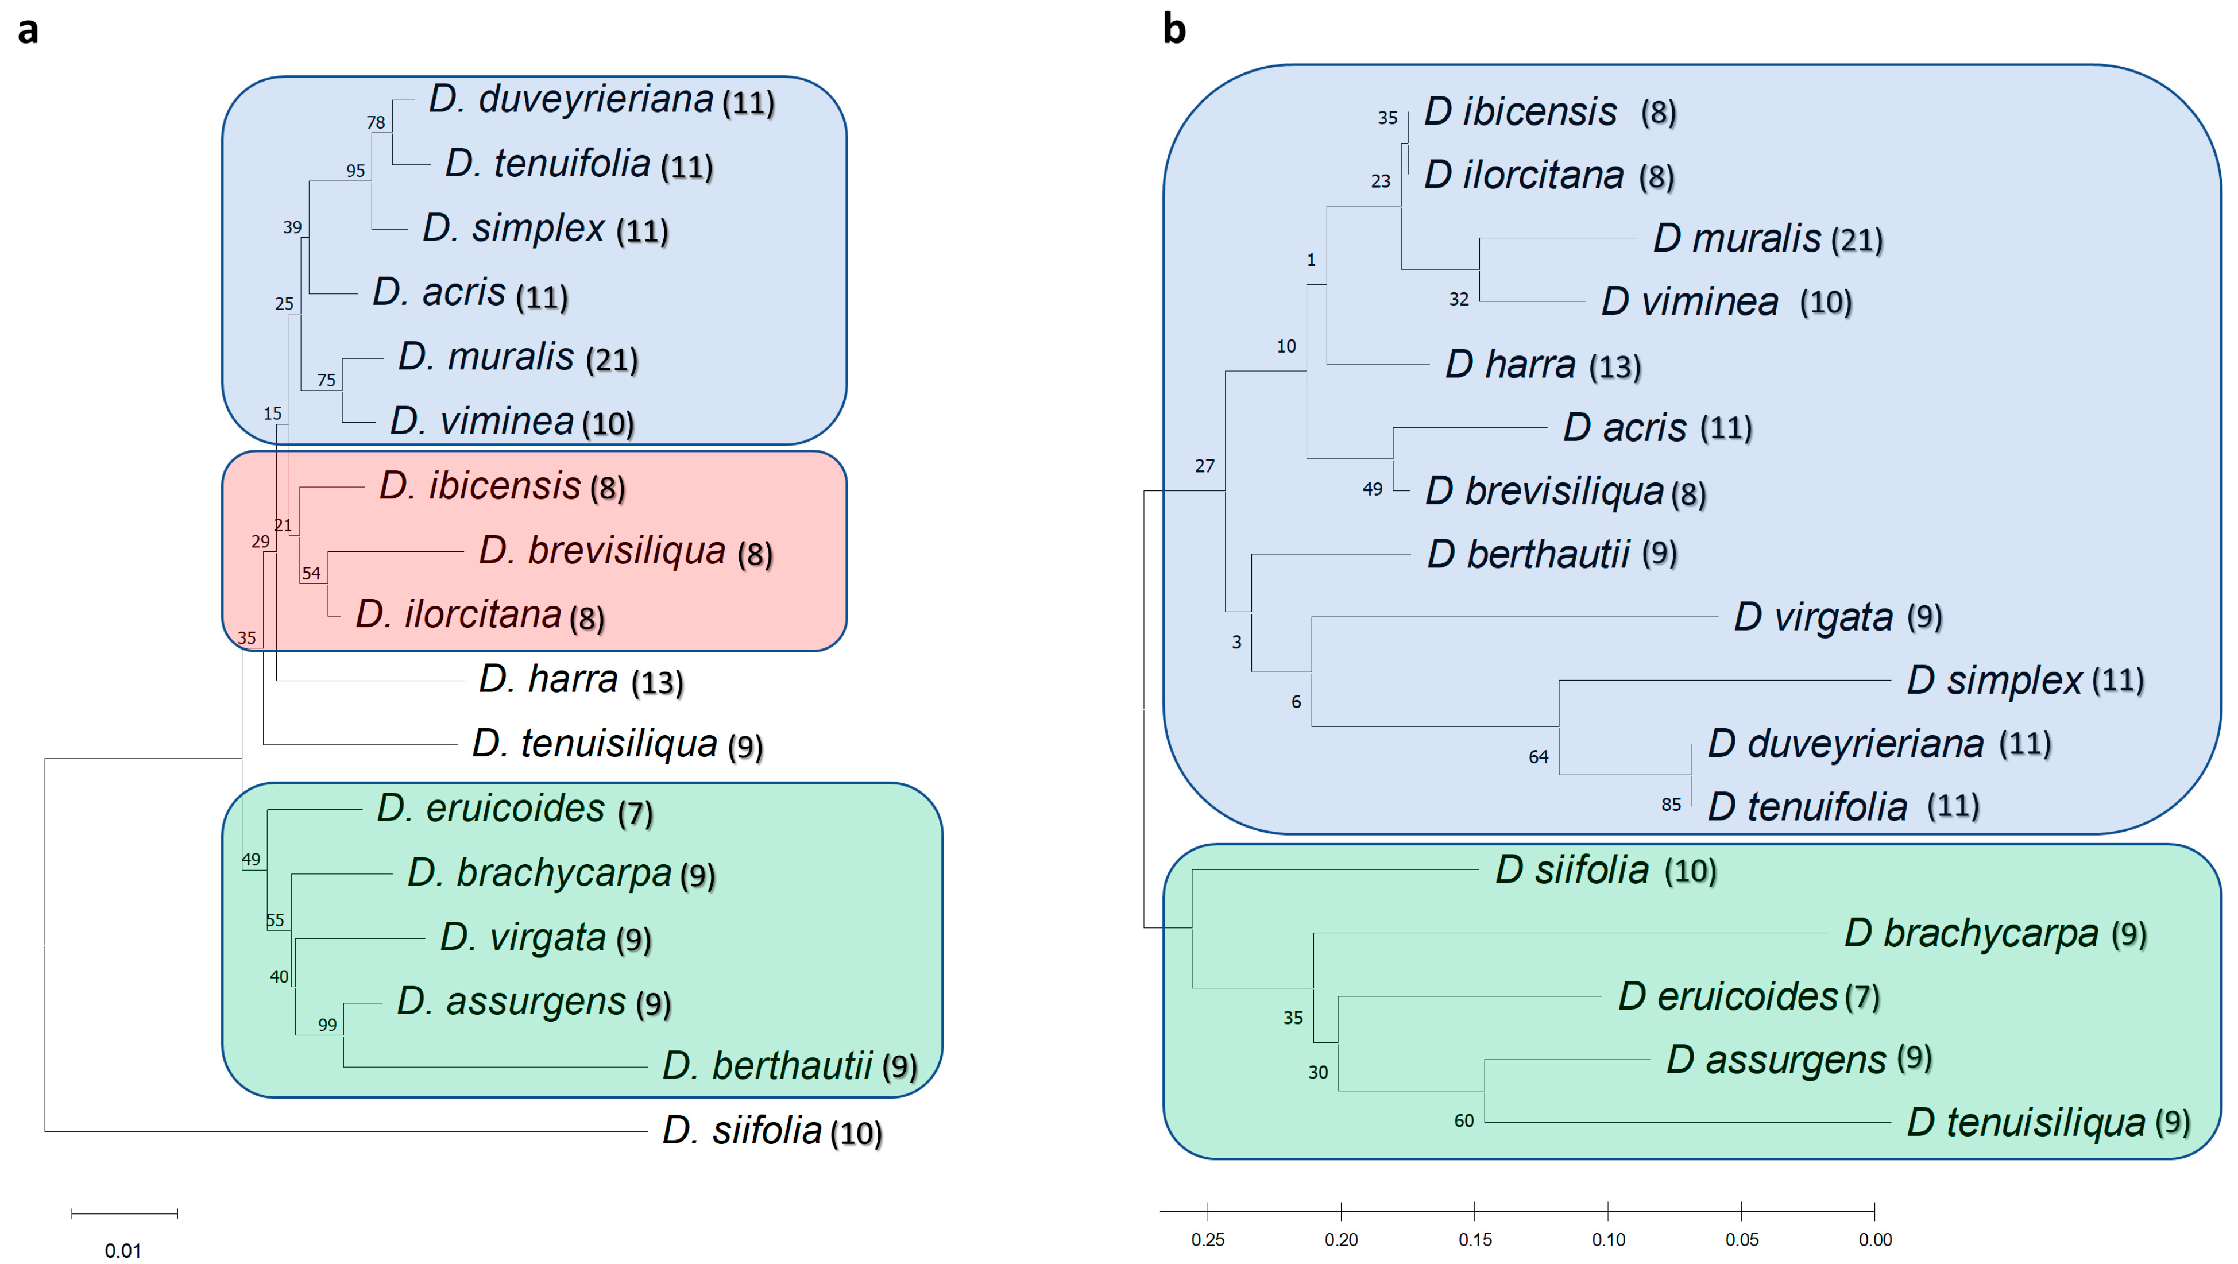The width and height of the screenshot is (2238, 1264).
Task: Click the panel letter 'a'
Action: (28, 31)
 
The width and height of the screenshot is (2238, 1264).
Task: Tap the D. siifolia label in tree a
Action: (742, 1131)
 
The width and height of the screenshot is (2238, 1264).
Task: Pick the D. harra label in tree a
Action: (548, 679)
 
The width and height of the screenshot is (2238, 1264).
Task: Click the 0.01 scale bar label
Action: (122, 1250)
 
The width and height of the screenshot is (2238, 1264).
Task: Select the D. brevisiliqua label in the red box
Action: (602, 551)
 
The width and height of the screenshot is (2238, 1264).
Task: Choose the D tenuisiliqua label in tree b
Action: (2026, 1122)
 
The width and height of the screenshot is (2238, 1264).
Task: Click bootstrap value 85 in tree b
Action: (1671, 805)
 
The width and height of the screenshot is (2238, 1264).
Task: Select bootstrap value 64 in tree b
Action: (1538, 757)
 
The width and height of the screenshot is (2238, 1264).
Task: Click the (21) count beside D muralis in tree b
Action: (1857, 241)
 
